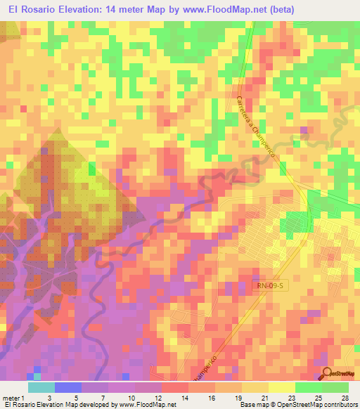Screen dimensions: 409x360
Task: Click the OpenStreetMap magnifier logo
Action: [328, 374]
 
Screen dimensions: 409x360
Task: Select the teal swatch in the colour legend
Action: [41, 387]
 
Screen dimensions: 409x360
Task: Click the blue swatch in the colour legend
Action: [68, 387]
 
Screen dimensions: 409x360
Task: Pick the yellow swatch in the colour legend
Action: [281, 387]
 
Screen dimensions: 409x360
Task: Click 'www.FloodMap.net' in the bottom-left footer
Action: [146, 405]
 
